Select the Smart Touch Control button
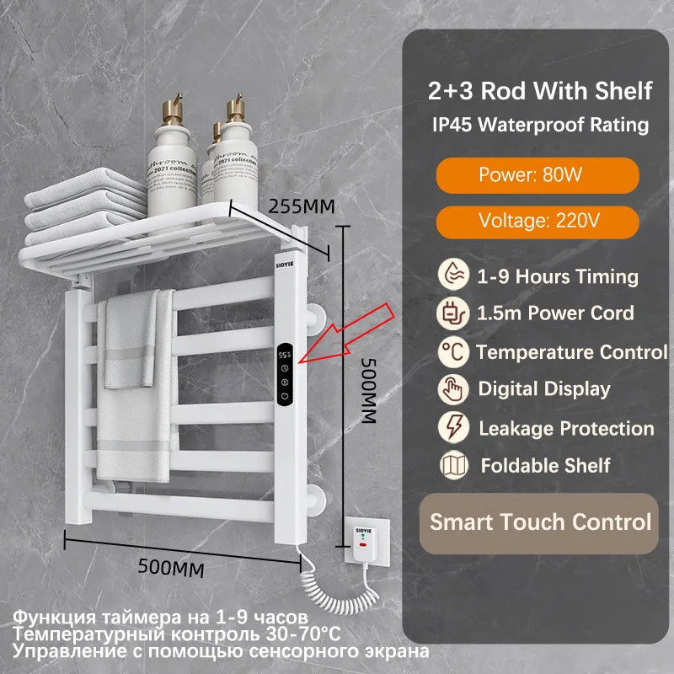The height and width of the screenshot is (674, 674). [540, 522]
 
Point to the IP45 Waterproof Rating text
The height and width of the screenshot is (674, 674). [540, 125]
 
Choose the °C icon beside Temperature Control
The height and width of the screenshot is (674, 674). [452, 351]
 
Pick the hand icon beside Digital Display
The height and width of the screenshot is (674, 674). [452, 388]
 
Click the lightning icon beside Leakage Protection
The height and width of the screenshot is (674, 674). [452, 427]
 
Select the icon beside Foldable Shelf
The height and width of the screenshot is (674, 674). [452, 464]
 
